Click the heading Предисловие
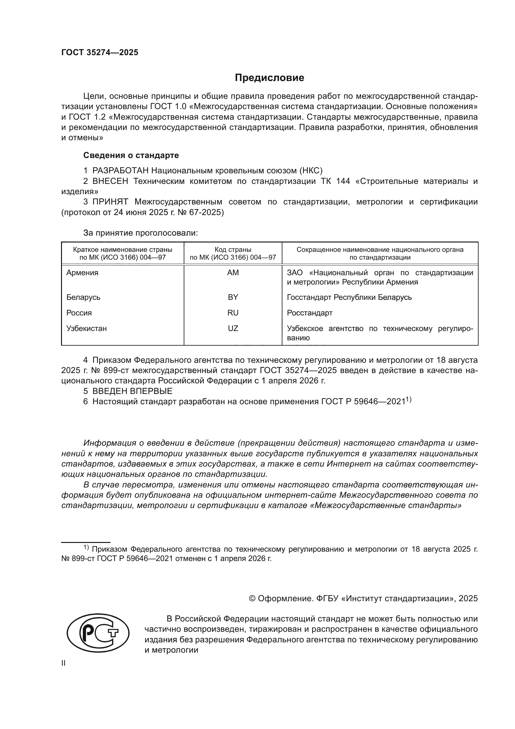click(x=269, y=78)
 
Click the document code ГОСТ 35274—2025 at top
click(x=100, y=53)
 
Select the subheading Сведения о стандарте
click(x=131, y=155)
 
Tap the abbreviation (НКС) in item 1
click(x=310, y=171)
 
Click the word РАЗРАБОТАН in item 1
click(x=120, y=171)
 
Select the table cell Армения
click(x=83, y=273)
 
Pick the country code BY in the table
click(x=233, y=297)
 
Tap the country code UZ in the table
click(x=233, y=328)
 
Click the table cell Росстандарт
click(x=309, y=313)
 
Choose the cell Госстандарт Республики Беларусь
click(x=349, y=297)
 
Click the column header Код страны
click(x=233, y=250)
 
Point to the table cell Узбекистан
click(x=87, y=328)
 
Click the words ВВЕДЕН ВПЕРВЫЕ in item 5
click(x=132, y=391)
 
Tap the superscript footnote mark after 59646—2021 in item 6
click(x=409, y=400)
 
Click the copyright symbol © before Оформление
click(x=252, y=598)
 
